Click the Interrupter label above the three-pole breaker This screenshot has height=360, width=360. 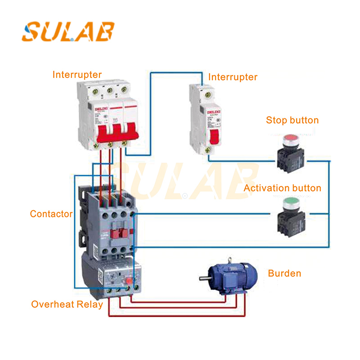tap(77, 75)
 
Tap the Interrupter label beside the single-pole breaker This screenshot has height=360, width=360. tap(233, 77)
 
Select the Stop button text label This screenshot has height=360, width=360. tap(292, 120)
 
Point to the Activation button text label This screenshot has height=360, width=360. tap(282, 188)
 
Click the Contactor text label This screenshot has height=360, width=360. tap(51, 214)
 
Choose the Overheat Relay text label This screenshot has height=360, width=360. tap(67, 304)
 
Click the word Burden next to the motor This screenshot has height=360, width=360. tap(284, 273)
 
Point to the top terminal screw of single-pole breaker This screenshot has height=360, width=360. tap(207, 95)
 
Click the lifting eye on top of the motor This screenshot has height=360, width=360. tap(230, 260)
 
